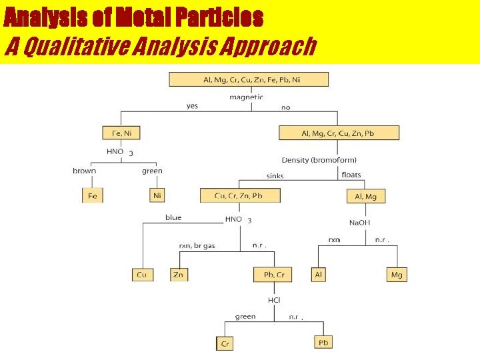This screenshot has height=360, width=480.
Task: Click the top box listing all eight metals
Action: (249, 79)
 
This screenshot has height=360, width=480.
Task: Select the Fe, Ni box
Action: (121, 133)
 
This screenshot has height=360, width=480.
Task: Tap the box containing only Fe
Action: (92, 195)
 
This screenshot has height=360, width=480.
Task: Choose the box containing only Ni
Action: (157, 195)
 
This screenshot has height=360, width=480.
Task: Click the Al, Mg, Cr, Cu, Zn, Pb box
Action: (339, 133)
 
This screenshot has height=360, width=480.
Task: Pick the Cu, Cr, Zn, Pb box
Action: (240, 195)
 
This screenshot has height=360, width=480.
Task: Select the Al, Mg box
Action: (366, 196)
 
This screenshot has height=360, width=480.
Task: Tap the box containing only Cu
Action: (142, 274)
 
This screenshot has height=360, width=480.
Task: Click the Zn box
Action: (178, 274)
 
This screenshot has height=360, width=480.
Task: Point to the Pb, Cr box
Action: (273, 274)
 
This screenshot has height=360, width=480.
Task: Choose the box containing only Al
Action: (319, 274)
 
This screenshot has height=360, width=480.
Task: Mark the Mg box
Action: (397, 274)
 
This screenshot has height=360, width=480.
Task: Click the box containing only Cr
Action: (225, 343)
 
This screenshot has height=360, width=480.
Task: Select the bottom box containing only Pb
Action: (323, 342)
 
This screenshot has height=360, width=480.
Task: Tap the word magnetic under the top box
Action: (246, 97)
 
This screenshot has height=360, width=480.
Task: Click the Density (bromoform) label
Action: (319, 160)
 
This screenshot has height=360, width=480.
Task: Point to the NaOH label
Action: (359, 222)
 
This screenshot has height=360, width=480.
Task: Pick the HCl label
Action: (274, 300)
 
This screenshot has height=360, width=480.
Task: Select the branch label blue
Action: (173, 217)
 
